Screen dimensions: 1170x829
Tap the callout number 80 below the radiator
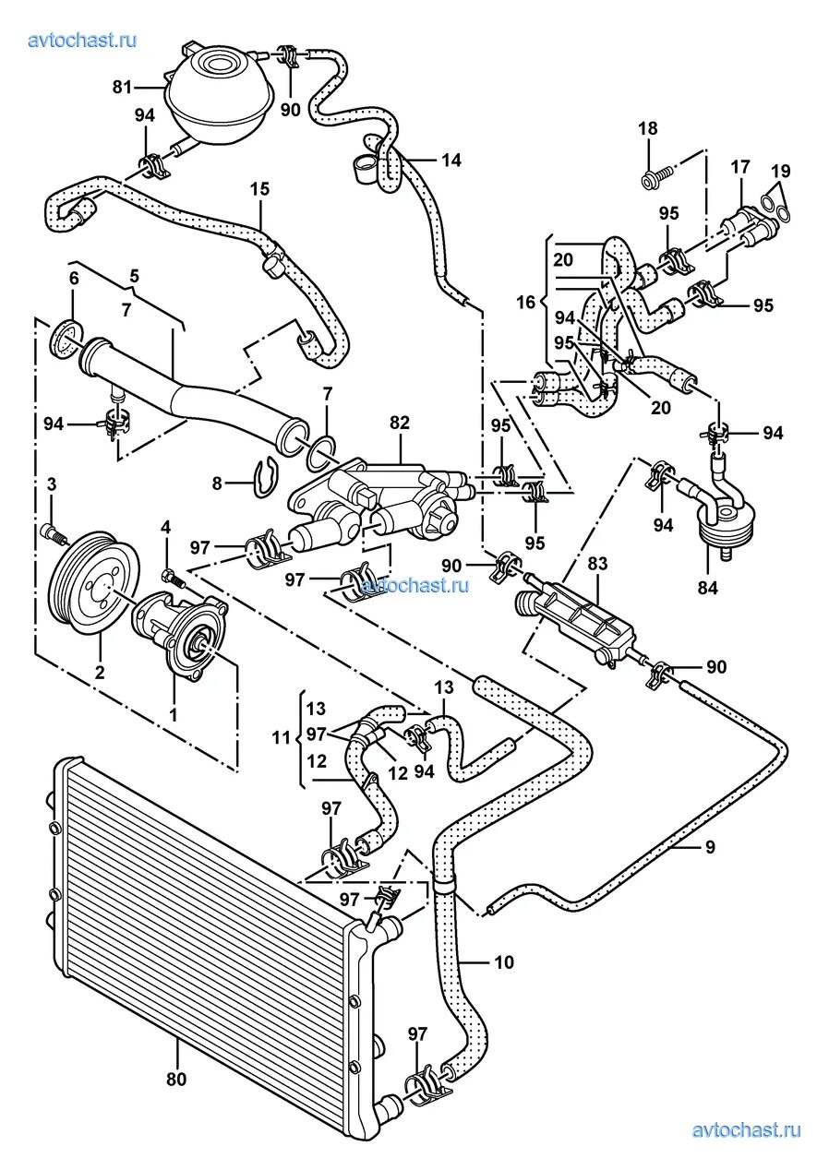pos(176,1077)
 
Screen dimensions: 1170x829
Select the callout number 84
pos(709,586)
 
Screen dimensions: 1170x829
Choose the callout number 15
pos(259,189)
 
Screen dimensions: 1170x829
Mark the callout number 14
pos(451,160)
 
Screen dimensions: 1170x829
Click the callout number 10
pos(503,962)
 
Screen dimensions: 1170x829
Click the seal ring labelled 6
pos(63,340)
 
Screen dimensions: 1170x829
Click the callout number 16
pos(525,302)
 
